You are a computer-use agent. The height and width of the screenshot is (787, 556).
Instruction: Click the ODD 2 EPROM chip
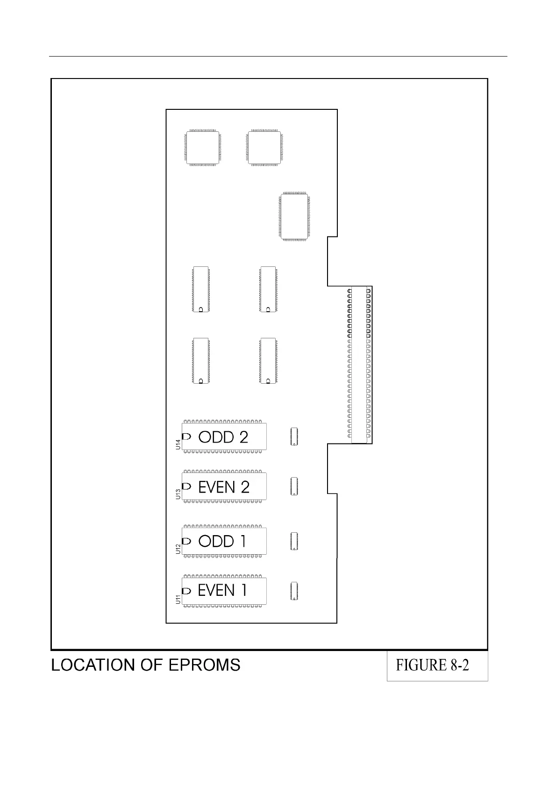point(224,436)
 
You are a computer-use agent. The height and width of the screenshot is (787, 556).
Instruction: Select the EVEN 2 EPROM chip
point(224,487)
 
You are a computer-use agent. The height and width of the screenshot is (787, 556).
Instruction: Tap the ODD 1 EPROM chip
point(224,541)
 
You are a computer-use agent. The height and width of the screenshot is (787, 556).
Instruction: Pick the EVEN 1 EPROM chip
point(224,591)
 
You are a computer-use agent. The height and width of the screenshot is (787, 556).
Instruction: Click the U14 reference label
point(178,444)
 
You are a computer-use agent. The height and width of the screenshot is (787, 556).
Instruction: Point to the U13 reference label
point(178,494)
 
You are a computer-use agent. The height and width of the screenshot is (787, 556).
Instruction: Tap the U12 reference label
point(178,549)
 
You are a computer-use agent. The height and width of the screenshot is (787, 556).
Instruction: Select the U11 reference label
point(178,599)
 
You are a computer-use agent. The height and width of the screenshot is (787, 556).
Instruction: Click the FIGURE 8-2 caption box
point(437,665)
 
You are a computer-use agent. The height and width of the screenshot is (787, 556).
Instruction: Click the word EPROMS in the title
point(204,665)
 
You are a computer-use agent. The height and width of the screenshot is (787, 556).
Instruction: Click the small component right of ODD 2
point(294,436)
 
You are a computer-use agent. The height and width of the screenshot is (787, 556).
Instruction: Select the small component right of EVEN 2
point(294,487)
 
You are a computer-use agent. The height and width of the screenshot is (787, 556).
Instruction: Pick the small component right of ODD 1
point(294,541)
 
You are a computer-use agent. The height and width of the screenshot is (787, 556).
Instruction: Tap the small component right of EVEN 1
point(294,591)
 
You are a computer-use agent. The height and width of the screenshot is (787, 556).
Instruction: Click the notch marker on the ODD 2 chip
point(186,436)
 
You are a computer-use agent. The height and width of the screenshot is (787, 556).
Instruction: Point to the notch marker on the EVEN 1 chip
point(186,591)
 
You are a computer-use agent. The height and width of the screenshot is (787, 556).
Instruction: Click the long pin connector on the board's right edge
point(359,365)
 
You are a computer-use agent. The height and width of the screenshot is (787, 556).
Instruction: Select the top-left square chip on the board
point(202,147)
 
